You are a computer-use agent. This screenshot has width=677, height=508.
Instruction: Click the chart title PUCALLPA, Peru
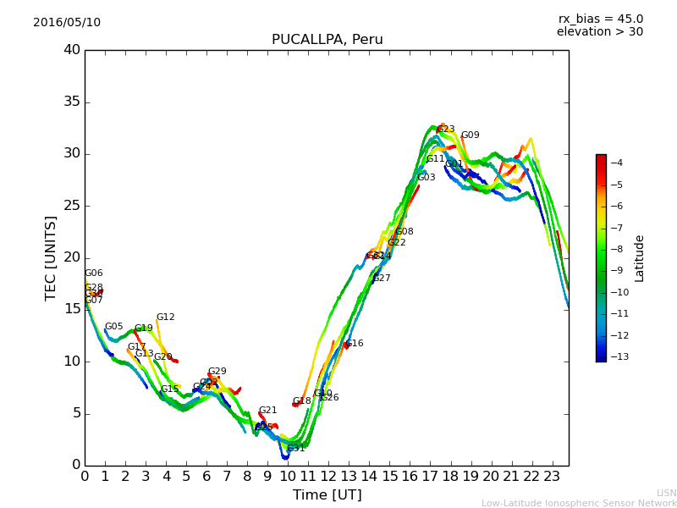click(327, 40)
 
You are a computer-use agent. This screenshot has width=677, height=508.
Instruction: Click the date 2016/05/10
click(67, 22)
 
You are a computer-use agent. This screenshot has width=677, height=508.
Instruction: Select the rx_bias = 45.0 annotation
click(600, 19)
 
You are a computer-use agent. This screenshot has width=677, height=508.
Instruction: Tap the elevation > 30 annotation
click(599, 32)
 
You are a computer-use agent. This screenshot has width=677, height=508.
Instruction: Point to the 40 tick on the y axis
click(72, 50)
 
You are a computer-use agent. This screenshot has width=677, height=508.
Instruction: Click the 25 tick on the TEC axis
click(72, 206)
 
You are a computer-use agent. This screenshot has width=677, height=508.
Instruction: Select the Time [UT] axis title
click(327, 494)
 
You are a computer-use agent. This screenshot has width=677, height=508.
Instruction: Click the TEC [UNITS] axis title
click(51, 257)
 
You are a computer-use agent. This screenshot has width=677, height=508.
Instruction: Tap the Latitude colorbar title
click(640, 258)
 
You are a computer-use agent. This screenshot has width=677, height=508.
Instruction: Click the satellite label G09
click(470, 135)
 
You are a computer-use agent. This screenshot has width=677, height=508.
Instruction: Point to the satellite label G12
click(165, 317)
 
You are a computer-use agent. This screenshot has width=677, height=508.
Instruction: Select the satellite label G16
click(355, 344)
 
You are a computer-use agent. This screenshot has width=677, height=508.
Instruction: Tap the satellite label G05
click(113, 327)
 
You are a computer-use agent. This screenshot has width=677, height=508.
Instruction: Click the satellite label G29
click(217, 372)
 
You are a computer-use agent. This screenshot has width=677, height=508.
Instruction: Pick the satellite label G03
click(426, 178)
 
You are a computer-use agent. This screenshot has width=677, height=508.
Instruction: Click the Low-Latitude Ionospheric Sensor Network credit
click(579, 503)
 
